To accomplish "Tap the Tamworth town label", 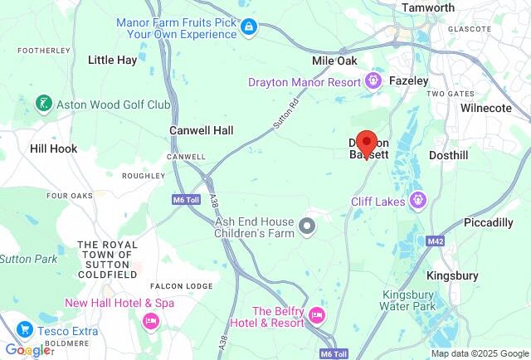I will [x=427, y=8].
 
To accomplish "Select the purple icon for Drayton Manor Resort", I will [x=373, y=81].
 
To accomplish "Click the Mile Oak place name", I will [x=334, y=61].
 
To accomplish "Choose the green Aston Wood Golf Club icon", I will [x=42, y=105].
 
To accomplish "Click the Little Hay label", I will [x=113, y=60].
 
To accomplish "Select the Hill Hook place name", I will [x=53, y=148].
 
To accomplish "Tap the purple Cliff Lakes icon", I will [x=419, y=200].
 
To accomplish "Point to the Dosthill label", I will [x=451, y=155].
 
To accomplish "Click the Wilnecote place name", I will [x=486, y=108].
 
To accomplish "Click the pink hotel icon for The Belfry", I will [x=316, y=316].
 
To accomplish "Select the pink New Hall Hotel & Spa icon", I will [x=151, y=320].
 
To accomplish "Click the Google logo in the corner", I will [x=28, y=350].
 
